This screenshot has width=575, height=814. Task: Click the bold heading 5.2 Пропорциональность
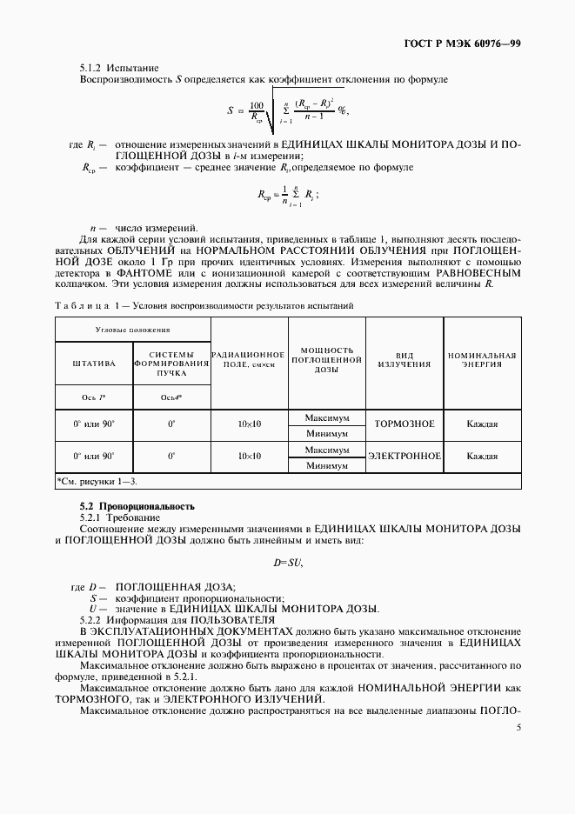[x=137, y=506]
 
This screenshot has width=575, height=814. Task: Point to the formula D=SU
[x=287, y=563]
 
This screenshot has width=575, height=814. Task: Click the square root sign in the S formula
[x=272, y=110]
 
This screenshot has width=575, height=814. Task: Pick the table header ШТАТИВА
[x=93, y=364]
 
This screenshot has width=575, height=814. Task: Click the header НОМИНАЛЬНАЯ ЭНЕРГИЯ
[x=482, y=359]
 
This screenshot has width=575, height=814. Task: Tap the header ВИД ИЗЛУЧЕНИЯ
[x=405, y=359]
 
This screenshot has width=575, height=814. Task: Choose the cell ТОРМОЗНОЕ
[x=405, y=425]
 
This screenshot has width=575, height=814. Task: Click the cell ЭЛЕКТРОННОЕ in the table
[x=405, y=457]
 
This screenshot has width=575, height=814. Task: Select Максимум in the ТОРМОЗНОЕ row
[x=327, y=418]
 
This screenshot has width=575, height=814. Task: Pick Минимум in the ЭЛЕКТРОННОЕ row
[x=327, y=465]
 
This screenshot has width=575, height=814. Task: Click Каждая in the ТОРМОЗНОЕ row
[x=482, y=425]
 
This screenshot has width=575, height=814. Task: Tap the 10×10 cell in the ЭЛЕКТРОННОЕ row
[x=250, y=457]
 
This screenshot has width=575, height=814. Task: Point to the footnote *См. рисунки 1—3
[x=97, y=481]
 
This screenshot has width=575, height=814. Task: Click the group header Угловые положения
[x=133, y=330]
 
